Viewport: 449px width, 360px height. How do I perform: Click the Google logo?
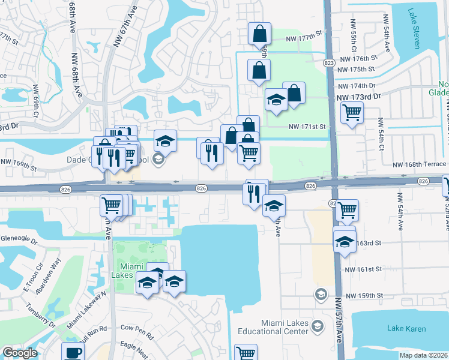(x=20, y=353)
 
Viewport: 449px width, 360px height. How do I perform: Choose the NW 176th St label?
(x=358, y=59)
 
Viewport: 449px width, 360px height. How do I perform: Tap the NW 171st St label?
(x=307, y=127)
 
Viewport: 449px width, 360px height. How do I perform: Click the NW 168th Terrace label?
(x=420, y=165)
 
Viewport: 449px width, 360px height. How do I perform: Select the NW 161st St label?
(x=363, y=269)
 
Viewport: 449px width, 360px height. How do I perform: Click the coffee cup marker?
(x=73, y=352)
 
